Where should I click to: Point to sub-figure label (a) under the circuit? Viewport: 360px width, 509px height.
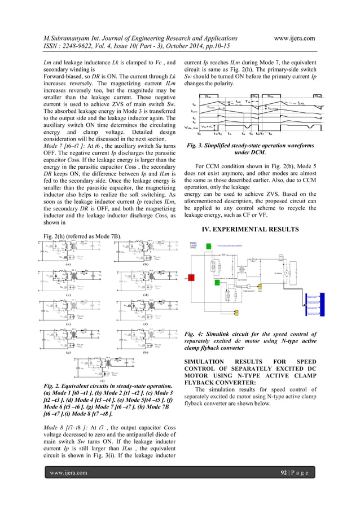67,264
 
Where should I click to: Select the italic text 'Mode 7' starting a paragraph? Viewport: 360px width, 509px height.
54,146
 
